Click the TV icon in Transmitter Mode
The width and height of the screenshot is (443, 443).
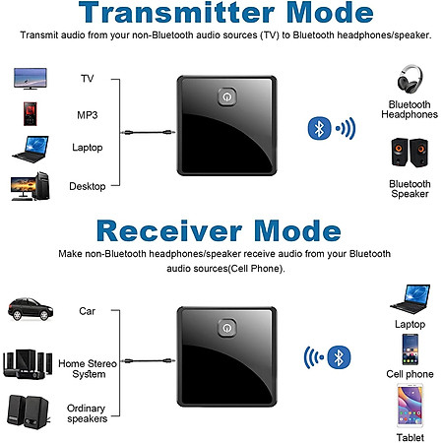pyautogui.click(x=31, y=79)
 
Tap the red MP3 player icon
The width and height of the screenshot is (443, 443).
pyautogui.click(x=30, y=114)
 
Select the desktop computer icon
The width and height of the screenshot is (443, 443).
pyautogui.click(x=31, y=186)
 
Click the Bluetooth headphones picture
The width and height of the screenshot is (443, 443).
pyautogui.click(x=410, y=79)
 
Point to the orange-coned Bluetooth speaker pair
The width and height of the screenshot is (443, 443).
pyautogui.click(x=410, y=153)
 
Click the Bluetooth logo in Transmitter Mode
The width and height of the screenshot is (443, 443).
pyautogui.click(x=319, y=128)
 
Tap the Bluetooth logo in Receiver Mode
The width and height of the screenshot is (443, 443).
pyautogui.click(x=339, y=357)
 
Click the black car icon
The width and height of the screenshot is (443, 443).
pyautogui.click(x=31, y=309)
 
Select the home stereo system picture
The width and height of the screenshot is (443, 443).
pyautogui.click(x=28, y=364)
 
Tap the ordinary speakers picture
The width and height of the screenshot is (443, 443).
pyautogui.click(x=29, y=411)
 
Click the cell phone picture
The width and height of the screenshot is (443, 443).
pyautogui.click(x=411, y=349)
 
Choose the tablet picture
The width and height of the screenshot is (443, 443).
pyautogui.click(x=410, y=407)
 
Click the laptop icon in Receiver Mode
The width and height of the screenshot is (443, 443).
pyautogui.click(x=411, y=299)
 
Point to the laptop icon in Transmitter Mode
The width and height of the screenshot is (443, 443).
pyautogui.click(x=31, y=150)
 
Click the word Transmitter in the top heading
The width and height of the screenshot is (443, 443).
pyautogui.click(x=176, y=13)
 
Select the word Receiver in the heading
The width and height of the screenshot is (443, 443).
pyautogui.click(x=169, y=231)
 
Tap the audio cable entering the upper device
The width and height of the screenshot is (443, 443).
pyautogui.click(x=148, y=133)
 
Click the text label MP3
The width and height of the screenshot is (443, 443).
pyautogui.click(x=88, y=115)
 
